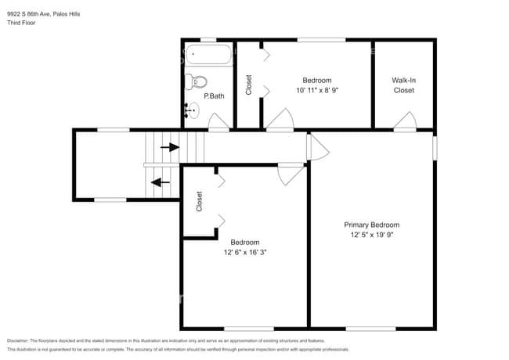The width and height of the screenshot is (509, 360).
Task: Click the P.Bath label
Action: point(215,96)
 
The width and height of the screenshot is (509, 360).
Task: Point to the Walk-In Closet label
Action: point(403,85)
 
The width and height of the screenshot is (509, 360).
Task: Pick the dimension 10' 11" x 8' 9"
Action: point(317,91)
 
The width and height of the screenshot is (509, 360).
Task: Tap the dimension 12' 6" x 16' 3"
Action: point(245,252)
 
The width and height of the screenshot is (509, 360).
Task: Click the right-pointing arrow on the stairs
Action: point(168,146)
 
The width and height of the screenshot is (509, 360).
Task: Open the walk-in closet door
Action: point(405,121)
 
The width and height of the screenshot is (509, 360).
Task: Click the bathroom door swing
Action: point(219,121)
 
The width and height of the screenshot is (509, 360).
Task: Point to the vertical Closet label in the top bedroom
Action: point(249,85)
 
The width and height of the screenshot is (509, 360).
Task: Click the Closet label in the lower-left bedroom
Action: point(200,201)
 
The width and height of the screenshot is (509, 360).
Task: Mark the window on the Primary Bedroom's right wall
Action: point(435,148)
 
